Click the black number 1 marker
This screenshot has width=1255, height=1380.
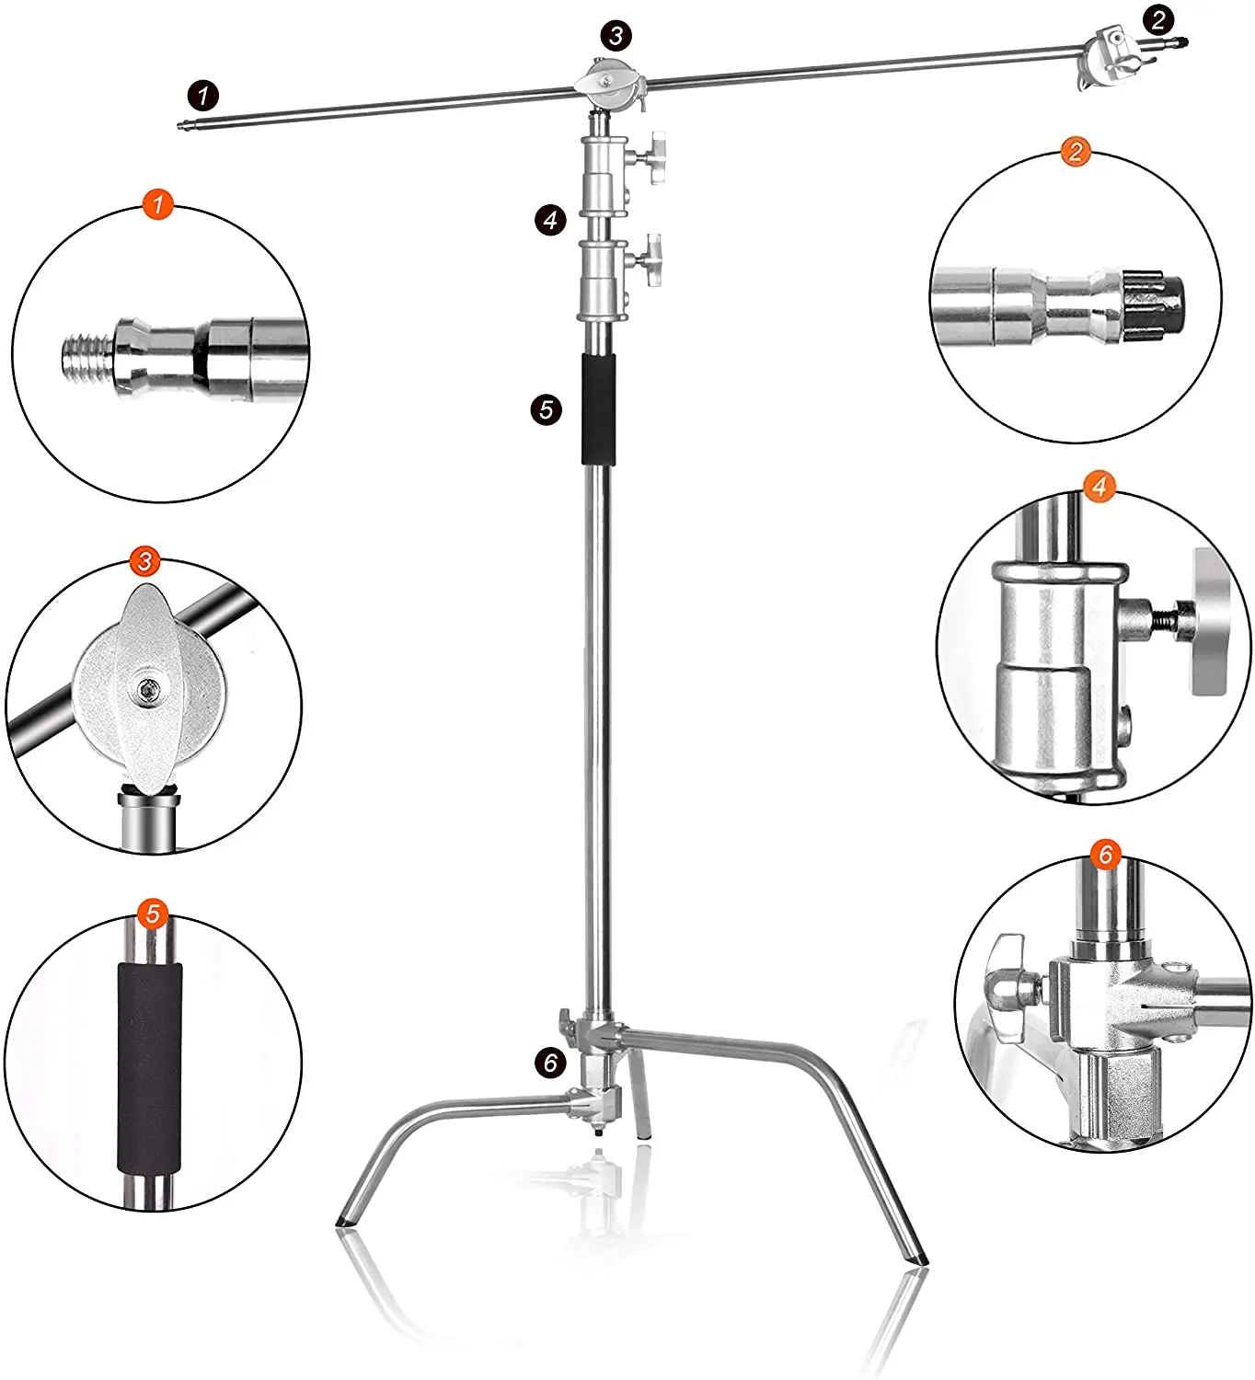coord(203,96)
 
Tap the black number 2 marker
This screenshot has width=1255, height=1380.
coord(1159,20)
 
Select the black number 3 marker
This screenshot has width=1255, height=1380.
coord(616,36)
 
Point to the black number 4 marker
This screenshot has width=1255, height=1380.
coord(550,220)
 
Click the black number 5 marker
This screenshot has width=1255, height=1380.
coord(547,410)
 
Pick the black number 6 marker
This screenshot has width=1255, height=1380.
coord(550,1063)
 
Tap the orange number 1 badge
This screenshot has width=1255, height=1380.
coord(157,204)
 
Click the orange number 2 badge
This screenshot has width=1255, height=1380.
coord(1077,151)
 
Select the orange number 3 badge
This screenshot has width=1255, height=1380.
coord(144,561)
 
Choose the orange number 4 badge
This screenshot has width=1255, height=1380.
coord(1099,487)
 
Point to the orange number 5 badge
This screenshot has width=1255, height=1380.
coord(153,914)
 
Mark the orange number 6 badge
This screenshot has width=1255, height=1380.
coord(1106,854)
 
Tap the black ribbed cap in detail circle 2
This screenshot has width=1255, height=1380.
coord(1155,305)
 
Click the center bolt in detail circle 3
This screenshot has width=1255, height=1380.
coord(147,687)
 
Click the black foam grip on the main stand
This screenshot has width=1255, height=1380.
coord(599,410)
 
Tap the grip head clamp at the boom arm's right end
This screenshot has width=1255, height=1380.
coord(1109,58)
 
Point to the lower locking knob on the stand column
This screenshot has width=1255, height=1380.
coord(651,260)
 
